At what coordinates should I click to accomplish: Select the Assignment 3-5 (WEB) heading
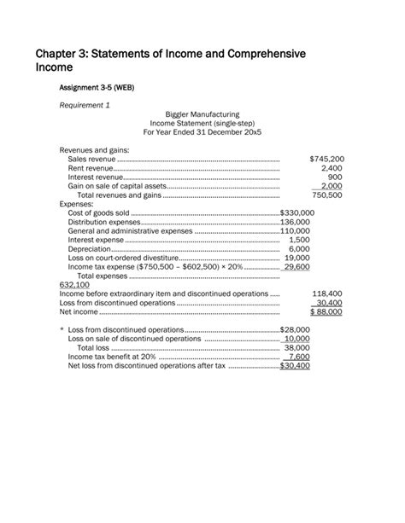pyautogui.click(x=97, y=88)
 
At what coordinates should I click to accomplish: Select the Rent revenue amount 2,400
pyautogui.click(x=332, y=168)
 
